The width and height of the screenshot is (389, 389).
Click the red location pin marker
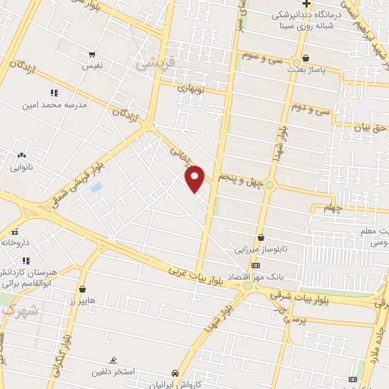[195, 179]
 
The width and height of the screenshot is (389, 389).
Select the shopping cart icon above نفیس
[92, 55]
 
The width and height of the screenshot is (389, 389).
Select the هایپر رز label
[81, 302]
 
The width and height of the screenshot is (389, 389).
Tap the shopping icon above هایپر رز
[81, 289]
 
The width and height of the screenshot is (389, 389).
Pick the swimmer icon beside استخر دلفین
[113, 360]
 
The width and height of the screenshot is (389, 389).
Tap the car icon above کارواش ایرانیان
[176, 374]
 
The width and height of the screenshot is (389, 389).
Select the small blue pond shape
[95, 187]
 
